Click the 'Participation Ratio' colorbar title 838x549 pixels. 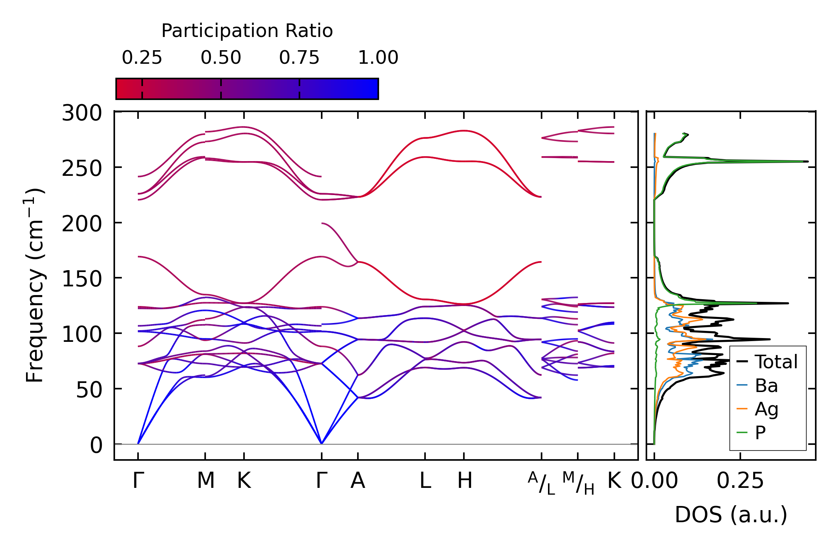(247, 31)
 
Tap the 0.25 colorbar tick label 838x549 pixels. (142, 58)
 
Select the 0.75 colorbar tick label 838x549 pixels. (299, 58)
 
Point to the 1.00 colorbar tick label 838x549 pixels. (378, 58)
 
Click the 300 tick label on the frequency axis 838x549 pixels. (82, 113)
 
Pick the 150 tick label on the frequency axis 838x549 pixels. (82, 279)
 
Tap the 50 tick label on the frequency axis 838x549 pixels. (89, 390)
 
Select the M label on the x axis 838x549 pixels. (206, 481)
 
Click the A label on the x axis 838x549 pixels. (358, 481)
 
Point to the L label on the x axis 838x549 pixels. (425, 481)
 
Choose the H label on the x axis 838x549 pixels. (465, 481)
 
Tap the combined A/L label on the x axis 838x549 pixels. (542, 483)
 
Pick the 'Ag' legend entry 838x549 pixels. (766, 409)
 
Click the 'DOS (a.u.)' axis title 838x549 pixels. (731, 515)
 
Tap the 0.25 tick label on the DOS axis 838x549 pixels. (740, 481)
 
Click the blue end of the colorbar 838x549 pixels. (373, 89)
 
